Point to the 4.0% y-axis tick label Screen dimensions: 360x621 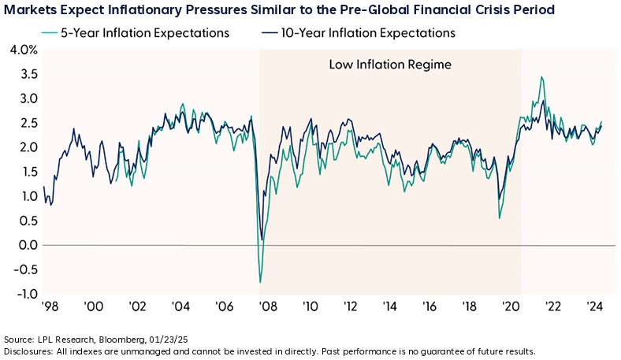pyautogui.click(x=21, y=50)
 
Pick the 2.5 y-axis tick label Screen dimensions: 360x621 pyautogui.click(x=25, y=123)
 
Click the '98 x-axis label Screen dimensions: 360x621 pyautogui.click(x=50, y=308)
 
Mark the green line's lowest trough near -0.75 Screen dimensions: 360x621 pyautogui.click(x=260, y=282)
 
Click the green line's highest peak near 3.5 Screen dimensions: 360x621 pyautogui.click(x=541, y=77)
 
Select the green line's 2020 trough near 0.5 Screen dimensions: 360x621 pyautogui.click(x=500, y=217)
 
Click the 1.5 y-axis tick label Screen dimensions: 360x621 pyautogui.click(x=25, y=172)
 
